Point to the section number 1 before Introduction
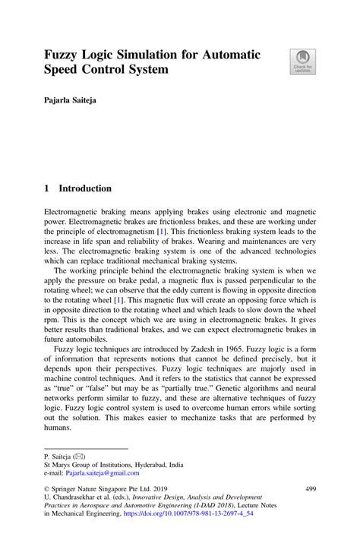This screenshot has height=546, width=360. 47,188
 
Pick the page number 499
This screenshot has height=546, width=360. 310,491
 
